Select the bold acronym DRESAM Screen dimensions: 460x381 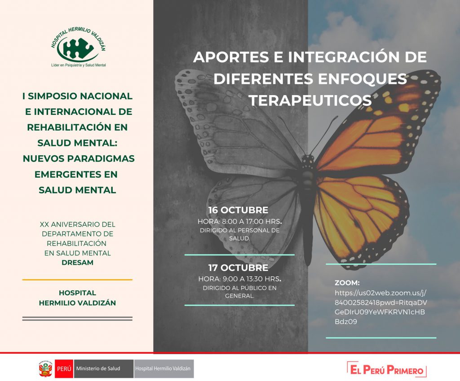tap(77, 263)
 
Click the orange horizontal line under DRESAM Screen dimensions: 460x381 tap(77, 280)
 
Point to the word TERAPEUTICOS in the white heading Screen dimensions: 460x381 tap(310, 100)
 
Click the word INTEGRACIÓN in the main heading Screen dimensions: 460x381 tap(344, 57)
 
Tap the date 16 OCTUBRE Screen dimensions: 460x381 tap(238, 210)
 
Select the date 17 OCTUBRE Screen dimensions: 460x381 tap(238, 267)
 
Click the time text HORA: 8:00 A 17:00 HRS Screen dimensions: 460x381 tap(240, 221)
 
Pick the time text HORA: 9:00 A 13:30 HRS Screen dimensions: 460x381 tap(240, 279)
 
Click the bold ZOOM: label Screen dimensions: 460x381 tap(347, 283)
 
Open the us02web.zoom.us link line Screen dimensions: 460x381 tap(380, 293)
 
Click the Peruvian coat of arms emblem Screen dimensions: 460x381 tap(45, 368)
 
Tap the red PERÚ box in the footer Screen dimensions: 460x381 tap(64, 369)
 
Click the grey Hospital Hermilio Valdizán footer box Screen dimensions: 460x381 tap(164, 369)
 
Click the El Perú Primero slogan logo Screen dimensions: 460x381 tap(387, 370)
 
